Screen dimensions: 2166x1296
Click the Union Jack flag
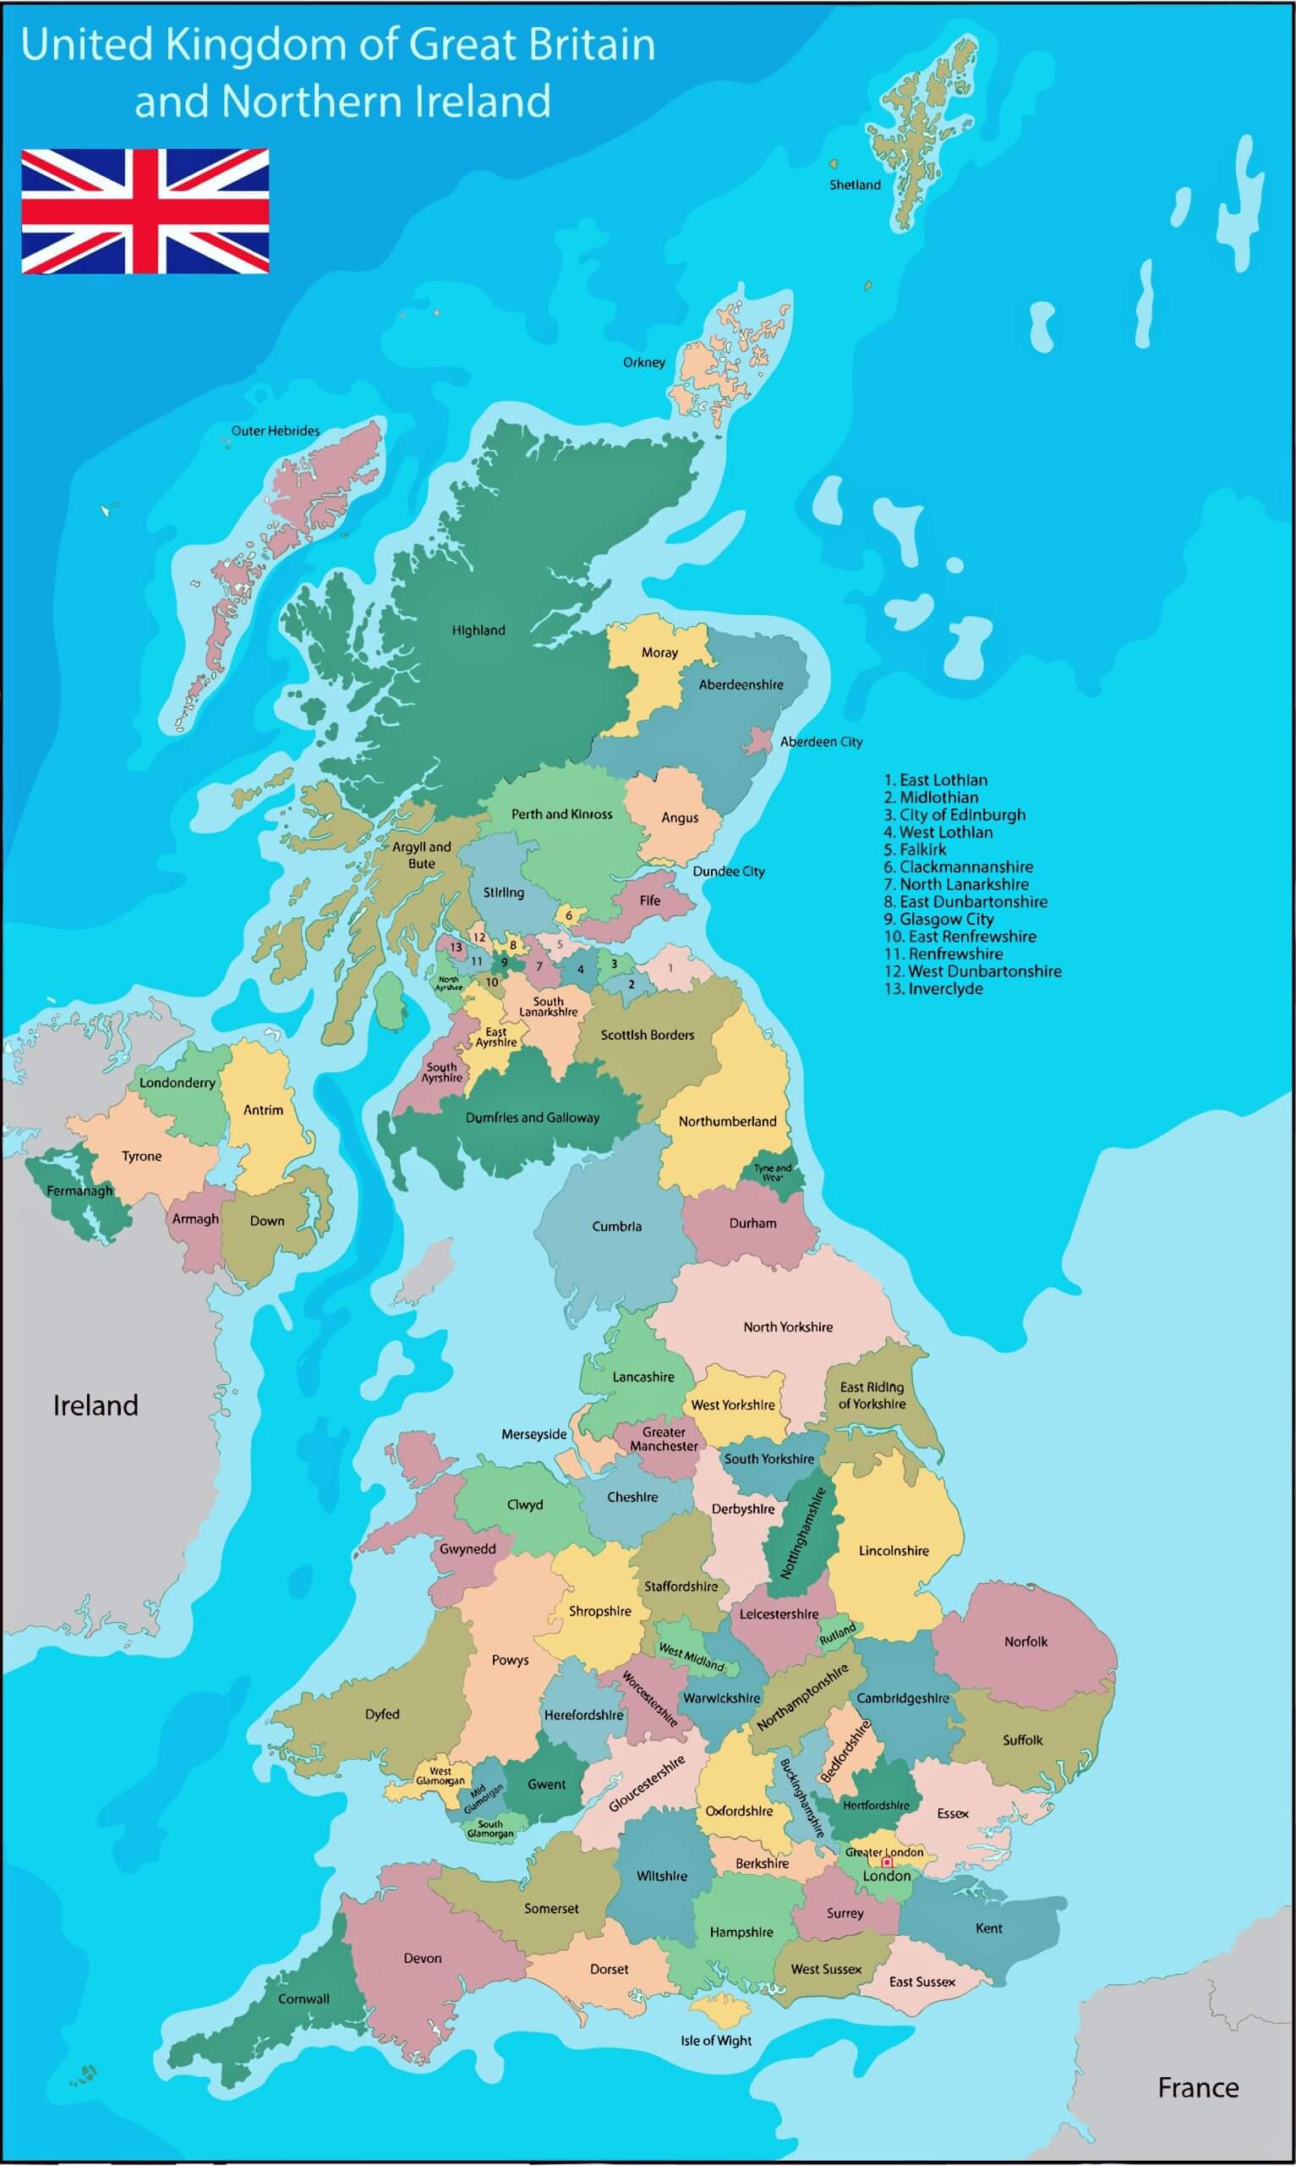pyautogui.click(x=145, y=212)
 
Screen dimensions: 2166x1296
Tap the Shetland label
pyautogui.click(x=854, y=185)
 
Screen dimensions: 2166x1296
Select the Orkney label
pyautogui.click(x=643, y=363)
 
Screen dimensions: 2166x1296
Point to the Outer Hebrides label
pyautogui.click(x=275, y=431)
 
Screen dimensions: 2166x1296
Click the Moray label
pyautogui.click(x=659, y=652)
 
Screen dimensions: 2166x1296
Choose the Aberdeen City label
pyautogui.click(x=821, y=742)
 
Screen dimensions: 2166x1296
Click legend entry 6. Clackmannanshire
pyautogui.click(x=958, y=866)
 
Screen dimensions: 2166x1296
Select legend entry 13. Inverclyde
pyautogui.click(x=933, y=989)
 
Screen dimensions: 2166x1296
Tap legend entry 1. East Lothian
pyautogui.click(x=935, y=780)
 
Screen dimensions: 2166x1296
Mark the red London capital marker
pyautogui.click(x=888, y=1863)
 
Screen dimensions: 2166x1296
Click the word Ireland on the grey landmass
pyautogui.click(x=96, y=1405)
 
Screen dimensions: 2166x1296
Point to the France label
pyautogui.click(x=1197, y=2087)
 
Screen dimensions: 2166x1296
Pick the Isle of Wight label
pyautogui.click(x=716, y=2040)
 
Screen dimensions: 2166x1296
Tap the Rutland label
pyautogui.click(x=838, y=1634)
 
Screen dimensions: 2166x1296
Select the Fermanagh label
pyautogui.click(x=79, y=1191)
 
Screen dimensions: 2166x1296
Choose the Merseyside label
pyautogui.click(x=533, y=1434)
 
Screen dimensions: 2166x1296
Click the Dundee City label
pyautogui.click(x=729, y=871)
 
